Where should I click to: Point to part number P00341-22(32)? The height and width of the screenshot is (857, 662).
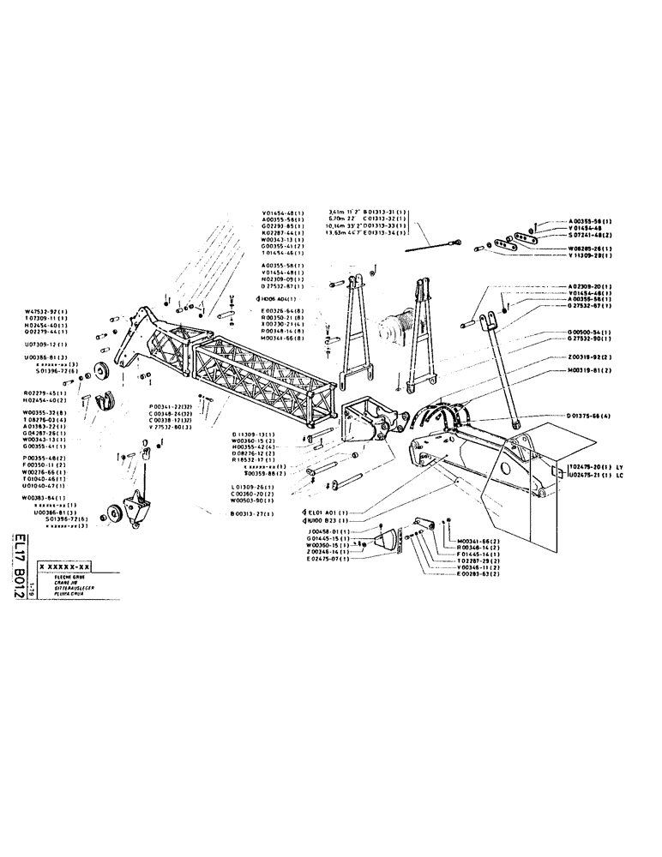[174, 405]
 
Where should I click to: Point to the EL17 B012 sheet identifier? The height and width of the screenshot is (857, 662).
[19, 568]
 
